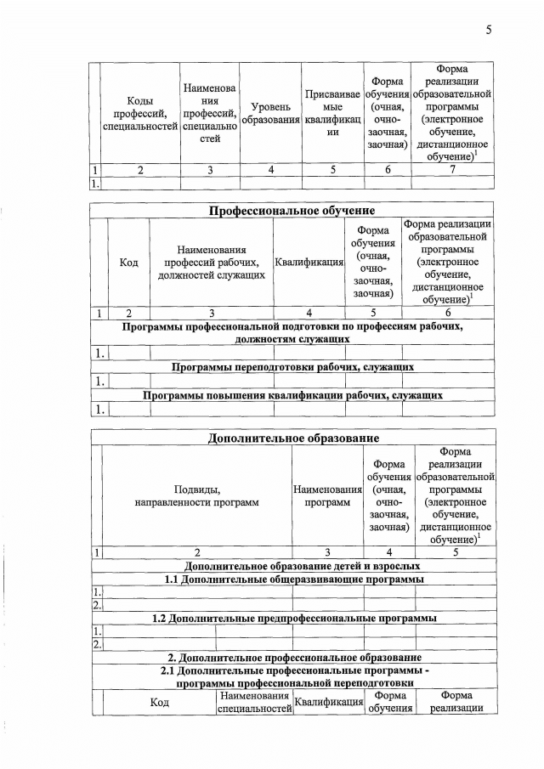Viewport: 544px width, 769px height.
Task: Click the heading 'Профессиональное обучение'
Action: (292, 210)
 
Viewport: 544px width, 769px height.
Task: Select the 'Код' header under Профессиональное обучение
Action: (129, 263)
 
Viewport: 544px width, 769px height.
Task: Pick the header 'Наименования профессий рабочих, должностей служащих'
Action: (212, 263)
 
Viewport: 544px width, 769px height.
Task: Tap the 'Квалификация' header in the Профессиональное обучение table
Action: (309, 263)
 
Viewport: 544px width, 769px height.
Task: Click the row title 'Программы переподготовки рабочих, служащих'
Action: (292, 367)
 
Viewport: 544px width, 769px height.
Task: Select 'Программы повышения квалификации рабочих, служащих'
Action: (292, 395)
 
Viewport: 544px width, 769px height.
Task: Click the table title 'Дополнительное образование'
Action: (292, 438)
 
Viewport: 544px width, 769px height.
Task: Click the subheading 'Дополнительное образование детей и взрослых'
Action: (292, 565)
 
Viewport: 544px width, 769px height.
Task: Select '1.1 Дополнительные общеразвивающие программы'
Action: (292, 579)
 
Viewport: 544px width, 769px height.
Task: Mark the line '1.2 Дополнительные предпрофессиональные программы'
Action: (292, 618)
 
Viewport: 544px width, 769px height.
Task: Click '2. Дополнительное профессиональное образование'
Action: (292, 658)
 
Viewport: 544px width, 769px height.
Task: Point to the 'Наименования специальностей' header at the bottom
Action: (255, 702)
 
